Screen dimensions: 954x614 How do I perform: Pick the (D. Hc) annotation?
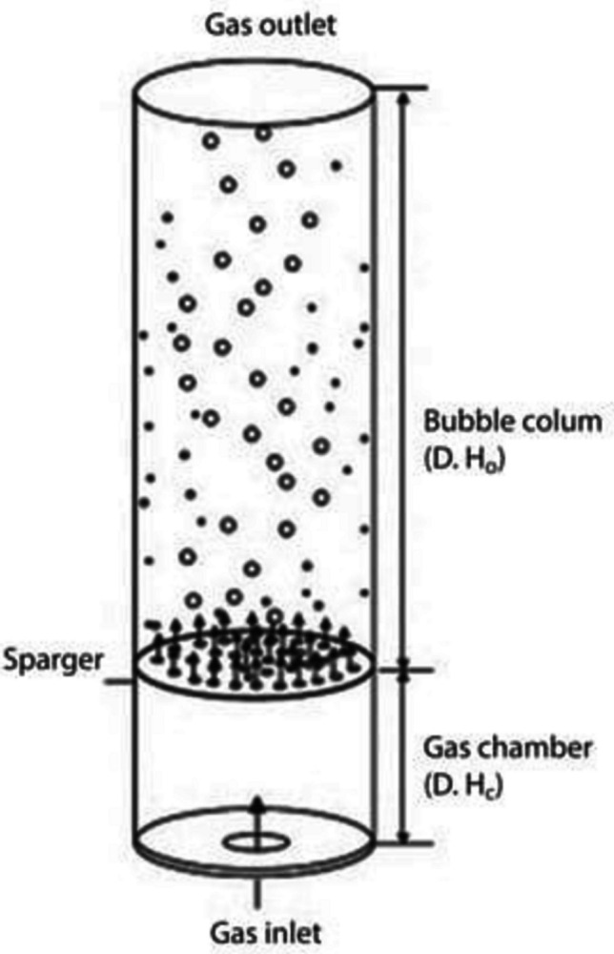click(459, 787)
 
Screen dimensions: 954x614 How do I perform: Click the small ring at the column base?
click(254, 843)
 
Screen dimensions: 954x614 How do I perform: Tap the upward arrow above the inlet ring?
click(254, 817)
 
